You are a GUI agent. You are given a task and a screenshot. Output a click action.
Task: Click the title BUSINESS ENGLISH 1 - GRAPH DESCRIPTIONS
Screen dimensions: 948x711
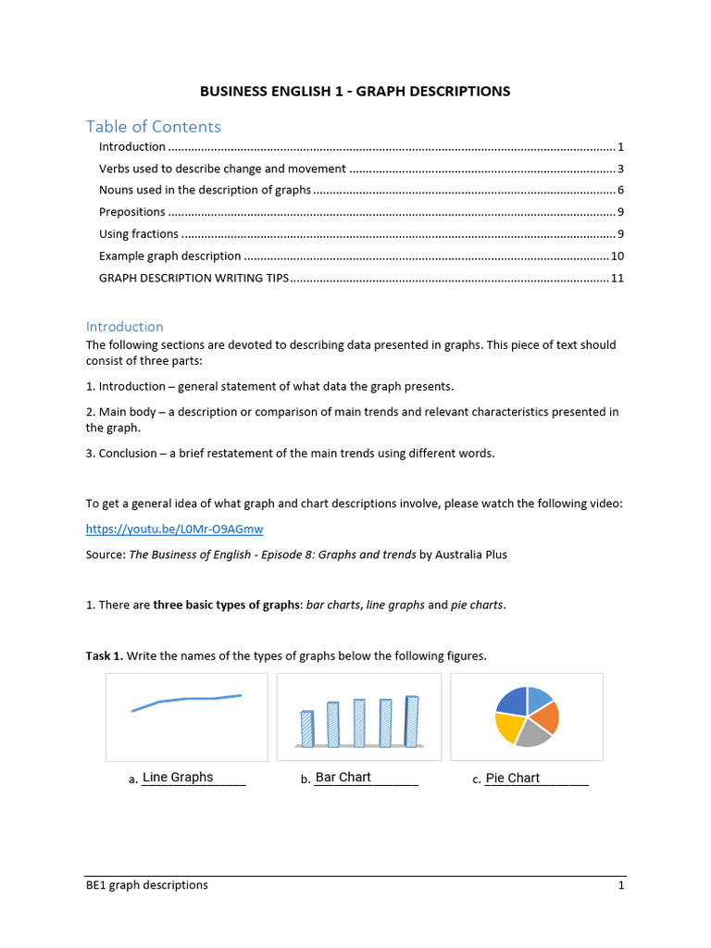[355, 91]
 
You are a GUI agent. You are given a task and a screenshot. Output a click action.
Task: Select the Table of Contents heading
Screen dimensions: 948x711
[153, 126]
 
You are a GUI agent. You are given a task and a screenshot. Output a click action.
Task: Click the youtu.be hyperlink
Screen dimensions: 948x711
[174, 529]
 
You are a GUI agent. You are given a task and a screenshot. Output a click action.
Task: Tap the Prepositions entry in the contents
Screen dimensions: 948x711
[132, 212]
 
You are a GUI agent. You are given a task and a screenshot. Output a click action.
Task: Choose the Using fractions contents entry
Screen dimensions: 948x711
[139, 233]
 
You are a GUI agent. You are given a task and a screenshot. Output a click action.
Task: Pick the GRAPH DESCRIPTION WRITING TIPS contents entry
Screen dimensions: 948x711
[194, 277]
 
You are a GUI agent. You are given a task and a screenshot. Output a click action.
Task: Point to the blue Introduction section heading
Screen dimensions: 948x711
[124, 326]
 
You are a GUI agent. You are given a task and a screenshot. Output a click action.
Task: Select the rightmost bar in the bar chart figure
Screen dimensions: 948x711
[411, 721]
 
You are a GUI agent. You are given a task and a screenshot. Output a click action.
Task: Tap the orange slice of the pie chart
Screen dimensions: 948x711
[545, 716]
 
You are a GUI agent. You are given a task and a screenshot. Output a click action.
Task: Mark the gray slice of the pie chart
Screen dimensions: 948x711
[532, 734]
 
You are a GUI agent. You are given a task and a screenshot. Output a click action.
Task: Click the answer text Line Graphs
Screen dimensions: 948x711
[178, 777]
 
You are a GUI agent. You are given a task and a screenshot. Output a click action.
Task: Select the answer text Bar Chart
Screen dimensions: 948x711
[343, 777]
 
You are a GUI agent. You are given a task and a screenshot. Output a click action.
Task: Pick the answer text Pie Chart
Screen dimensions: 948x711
[512, 778]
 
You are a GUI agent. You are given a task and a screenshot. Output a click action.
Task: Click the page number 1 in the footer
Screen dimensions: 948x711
[621, 885]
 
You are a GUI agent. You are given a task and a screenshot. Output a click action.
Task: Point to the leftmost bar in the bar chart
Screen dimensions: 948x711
[307, 729]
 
